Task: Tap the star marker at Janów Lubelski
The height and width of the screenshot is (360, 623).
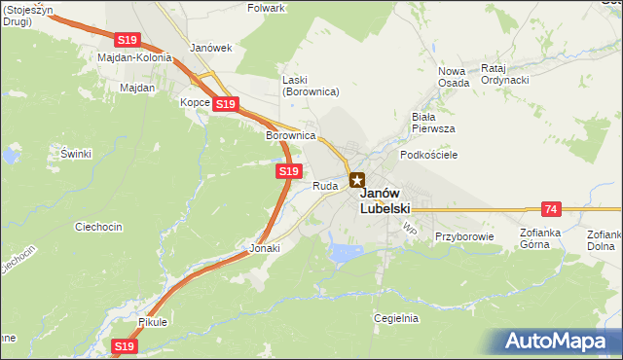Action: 357,179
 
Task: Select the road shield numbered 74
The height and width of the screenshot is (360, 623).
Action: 552,209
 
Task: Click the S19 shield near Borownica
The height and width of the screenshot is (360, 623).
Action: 287,171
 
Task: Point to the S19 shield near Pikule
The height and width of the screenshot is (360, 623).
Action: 124,346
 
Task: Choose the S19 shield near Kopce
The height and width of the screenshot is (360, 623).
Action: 225,103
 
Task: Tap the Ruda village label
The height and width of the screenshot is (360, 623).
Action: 325,186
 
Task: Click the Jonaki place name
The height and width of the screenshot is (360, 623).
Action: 265,248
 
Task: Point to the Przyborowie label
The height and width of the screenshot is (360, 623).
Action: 464,236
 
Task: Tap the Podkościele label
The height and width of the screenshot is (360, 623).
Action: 428,155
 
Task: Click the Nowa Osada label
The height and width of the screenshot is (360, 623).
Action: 454,77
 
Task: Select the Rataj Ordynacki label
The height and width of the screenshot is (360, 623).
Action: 504,74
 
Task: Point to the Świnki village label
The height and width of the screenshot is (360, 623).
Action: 76,154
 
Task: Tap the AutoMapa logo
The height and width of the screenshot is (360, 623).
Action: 560,342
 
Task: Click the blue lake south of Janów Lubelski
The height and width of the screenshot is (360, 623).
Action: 346,254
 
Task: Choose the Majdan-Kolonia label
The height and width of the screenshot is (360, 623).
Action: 134,57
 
